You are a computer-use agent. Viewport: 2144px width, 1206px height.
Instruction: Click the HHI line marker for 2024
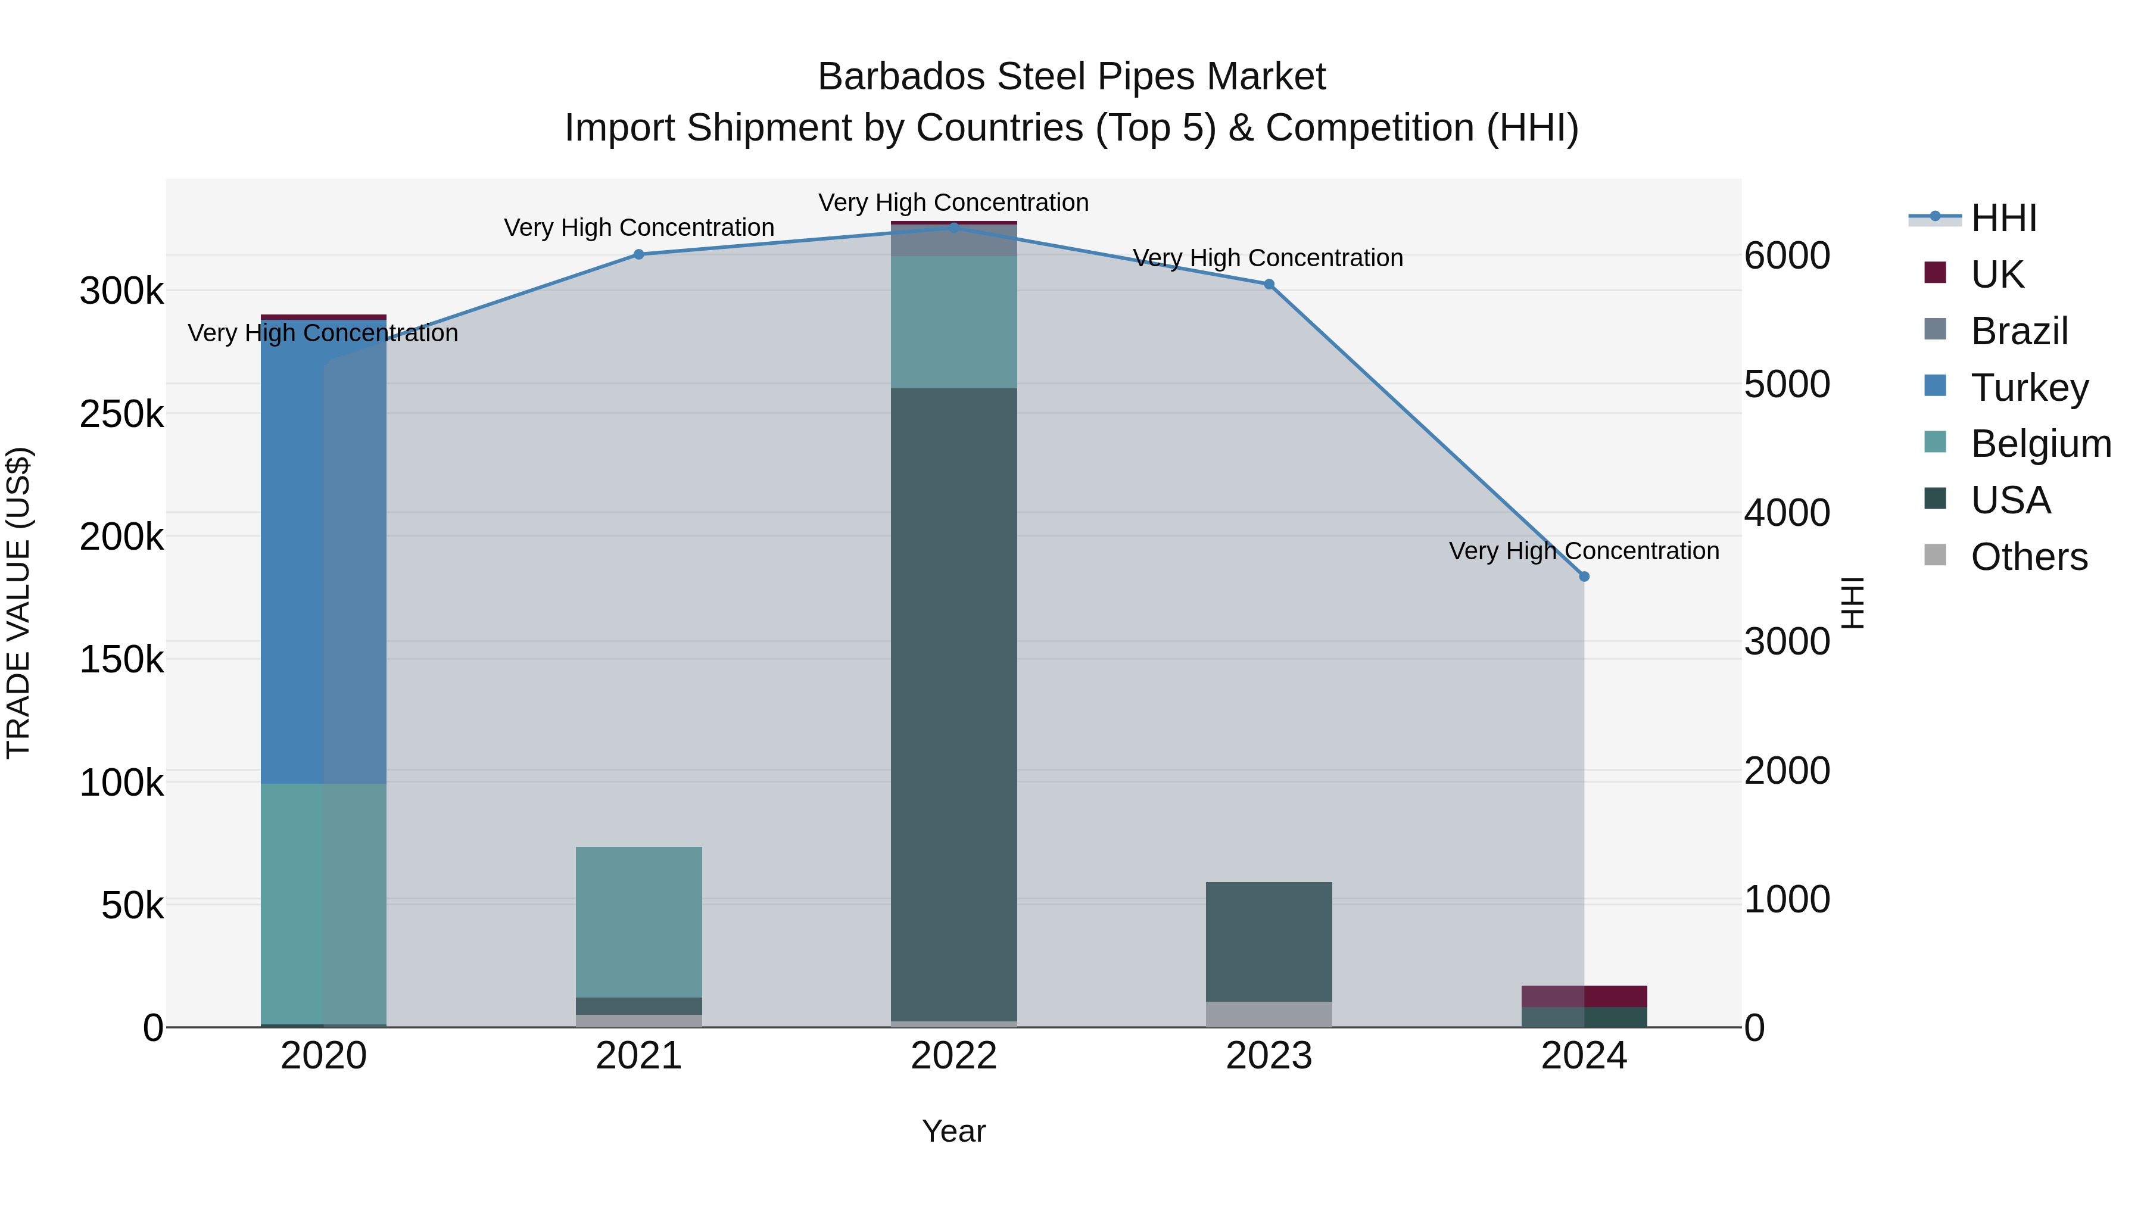click(1584, 576)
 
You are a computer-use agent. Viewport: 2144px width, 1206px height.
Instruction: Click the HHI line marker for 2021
click(639, 255)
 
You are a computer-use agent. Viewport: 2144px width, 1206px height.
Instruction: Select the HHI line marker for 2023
click(1269, 285)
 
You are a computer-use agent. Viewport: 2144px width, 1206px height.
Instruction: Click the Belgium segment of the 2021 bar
click(639, 921)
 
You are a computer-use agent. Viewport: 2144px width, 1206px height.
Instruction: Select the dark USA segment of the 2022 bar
click(954, 704)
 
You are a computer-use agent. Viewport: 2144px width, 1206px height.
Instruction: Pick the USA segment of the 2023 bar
click(1269, 942)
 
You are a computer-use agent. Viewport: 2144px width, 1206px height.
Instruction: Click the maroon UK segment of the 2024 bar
click(1584, 996)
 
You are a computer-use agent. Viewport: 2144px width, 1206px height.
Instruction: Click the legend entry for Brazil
click(2018, 331)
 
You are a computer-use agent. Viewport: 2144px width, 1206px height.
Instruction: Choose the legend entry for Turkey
click(2029, 388)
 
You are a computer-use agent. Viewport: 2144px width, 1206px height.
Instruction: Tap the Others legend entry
click(2028, 557)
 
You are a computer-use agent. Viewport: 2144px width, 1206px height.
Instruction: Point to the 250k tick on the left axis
click(121, 414)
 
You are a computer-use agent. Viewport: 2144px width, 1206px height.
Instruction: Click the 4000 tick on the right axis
click(1787, 513)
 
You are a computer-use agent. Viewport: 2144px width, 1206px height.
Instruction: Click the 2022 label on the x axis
click(954, 1056)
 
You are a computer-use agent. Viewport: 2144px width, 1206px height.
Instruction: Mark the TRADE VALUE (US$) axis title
click(18, 603)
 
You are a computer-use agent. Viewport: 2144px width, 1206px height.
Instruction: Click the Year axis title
click(954, 1131)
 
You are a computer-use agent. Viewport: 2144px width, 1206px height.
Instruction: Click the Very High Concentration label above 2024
click(1584, 551)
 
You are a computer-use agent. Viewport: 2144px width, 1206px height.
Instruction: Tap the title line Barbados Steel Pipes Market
click(1071, 77)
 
